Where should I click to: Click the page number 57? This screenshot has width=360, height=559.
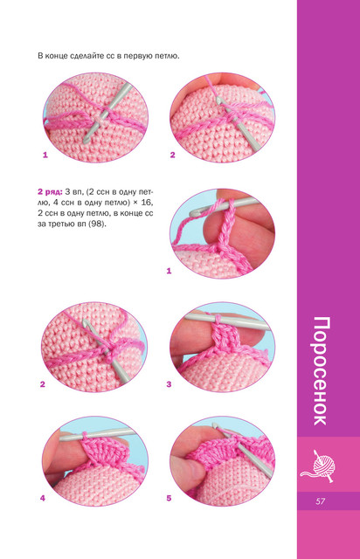320,500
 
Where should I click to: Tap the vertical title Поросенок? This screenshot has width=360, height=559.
320,370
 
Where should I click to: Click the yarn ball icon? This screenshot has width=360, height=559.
318,466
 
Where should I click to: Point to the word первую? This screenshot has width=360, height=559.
139,56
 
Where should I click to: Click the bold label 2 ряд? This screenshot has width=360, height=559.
50,192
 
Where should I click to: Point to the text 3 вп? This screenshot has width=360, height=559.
74,192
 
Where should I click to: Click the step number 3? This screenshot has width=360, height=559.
169,384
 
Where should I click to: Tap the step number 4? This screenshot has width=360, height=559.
43,498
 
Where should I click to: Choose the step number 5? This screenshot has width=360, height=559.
169,498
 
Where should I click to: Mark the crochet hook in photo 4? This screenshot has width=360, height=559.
96,435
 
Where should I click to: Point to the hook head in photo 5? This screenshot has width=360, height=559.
215,425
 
